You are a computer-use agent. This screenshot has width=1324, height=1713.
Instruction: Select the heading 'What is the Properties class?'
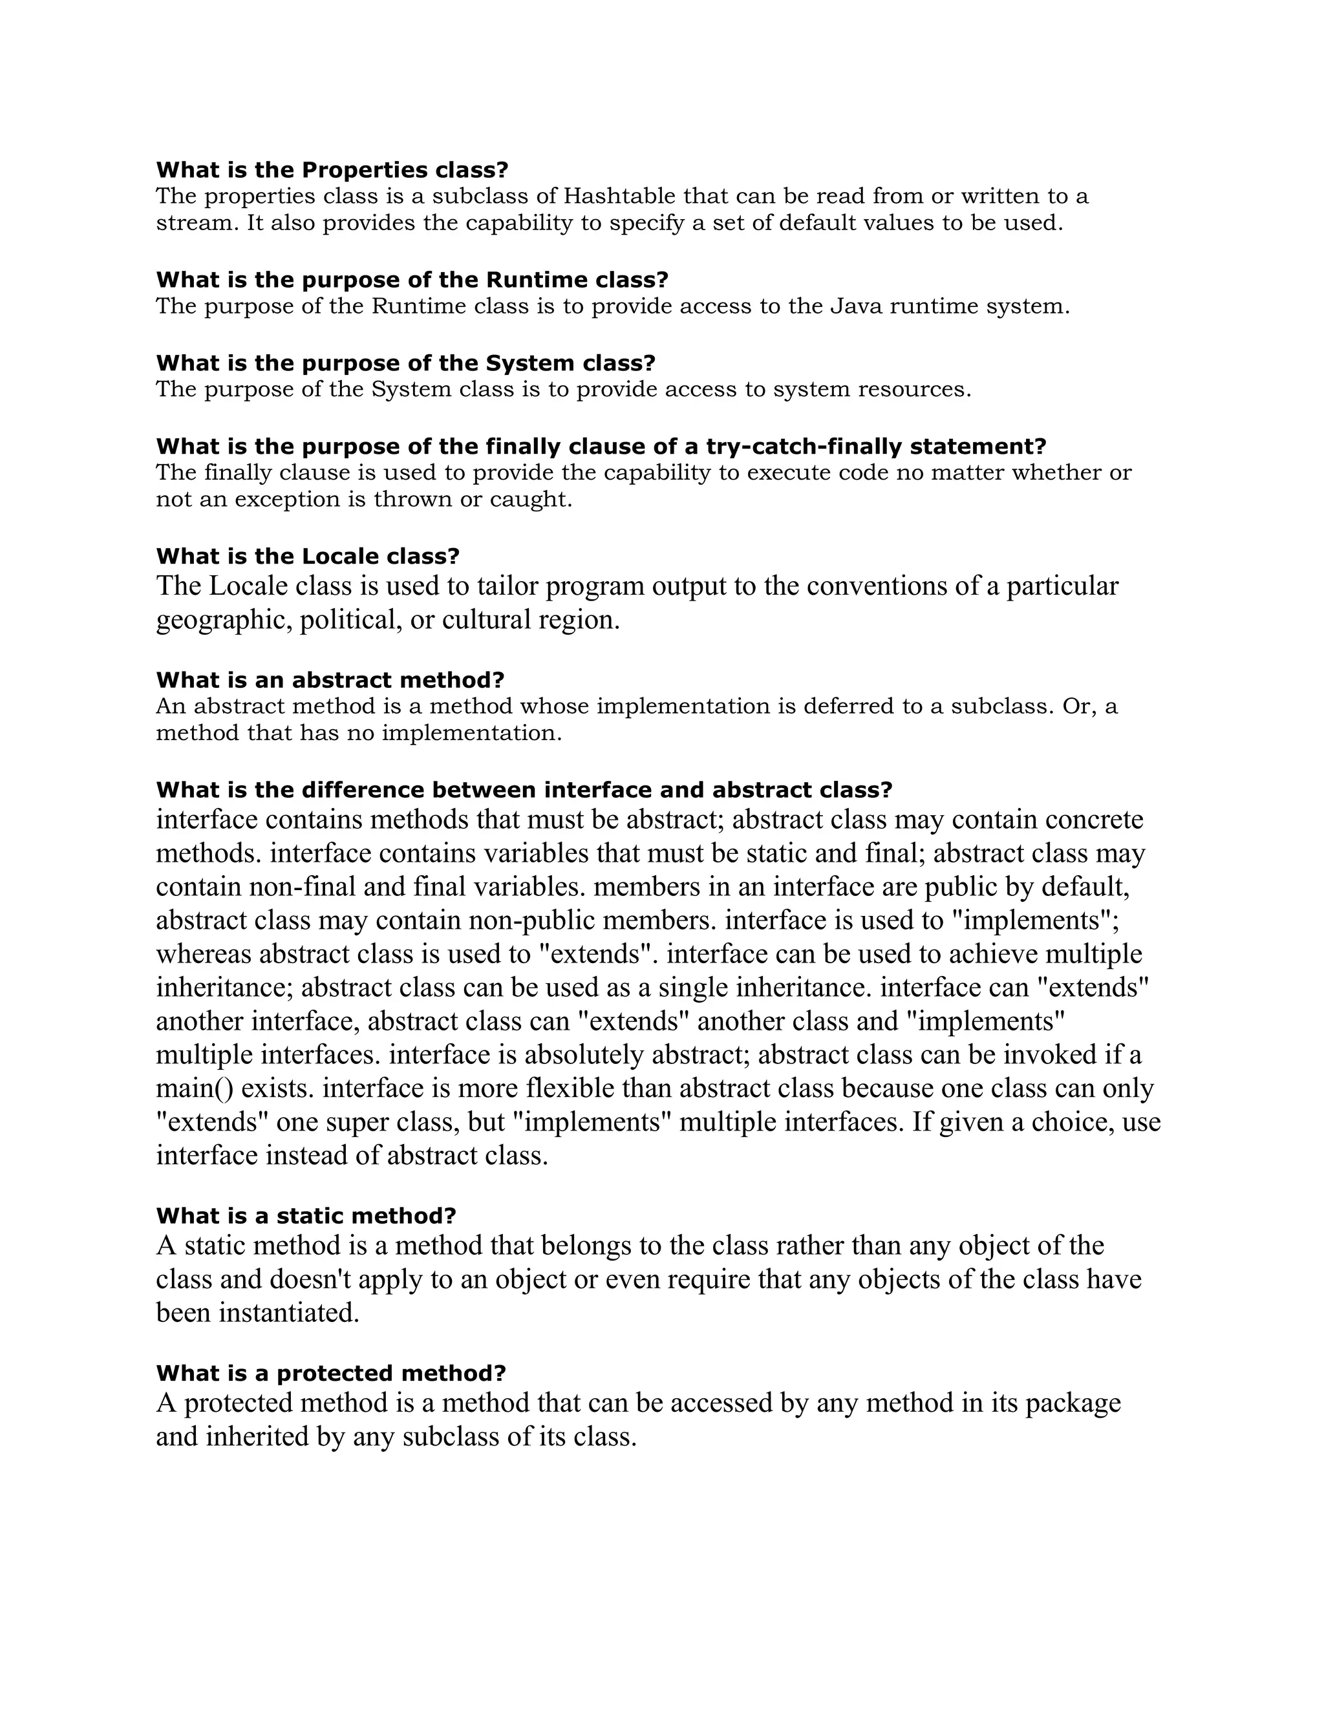click(x=332, y=169)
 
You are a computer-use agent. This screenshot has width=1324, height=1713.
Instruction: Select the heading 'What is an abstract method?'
click(x=330, y=679)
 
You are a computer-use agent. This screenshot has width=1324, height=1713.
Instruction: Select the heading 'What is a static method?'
click(x=306, y=1216)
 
